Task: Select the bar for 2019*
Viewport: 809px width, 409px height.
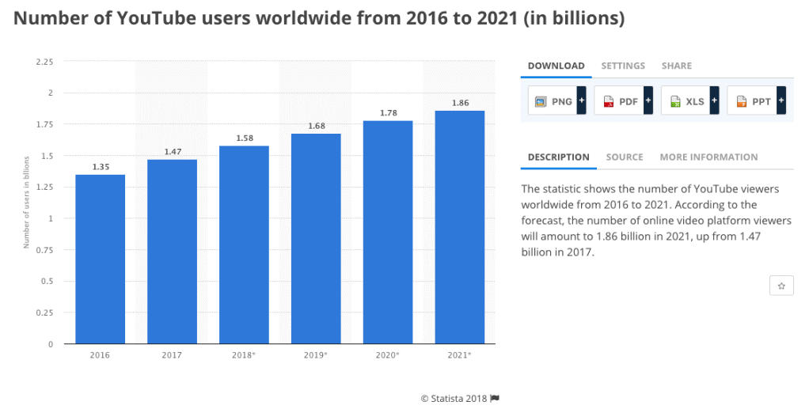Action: point(316,238)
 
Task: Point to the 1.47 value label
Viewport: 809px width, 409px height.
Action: point(172,151)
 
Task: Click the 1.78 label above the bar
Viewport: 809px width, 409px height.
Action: point(388,112)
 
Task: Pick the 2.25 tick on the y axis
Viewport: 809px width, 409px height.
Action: point(44,62)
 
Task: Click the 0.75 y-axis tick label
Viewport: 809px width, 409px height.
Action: point(44,250)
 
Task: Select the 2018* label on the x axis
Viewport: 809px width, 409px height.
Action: point(244,355)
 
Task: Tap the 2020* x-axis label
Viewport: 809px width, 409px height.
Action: point(388,355)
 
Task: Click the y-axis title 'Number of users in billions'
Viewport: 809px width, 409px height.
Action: point(26,203)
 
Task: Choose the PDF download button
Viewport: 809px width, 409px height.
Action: point(623,101)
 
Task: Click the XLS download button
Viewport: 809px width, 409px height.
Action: point(689,101)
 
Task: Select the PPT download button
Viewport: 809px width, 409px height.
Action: point(756,101)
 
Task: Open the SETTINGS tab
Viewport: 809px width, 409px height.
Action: point(623,66)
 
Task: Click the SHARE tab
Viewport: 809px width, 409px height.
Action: point(677,66)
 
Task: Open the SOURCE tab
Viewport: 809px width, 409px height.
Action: point(625,157)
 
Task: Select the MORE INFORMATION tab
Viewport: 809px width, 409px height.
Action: point(708,157)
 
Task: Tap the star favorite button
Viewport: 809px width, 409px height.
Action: point(781,286)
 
